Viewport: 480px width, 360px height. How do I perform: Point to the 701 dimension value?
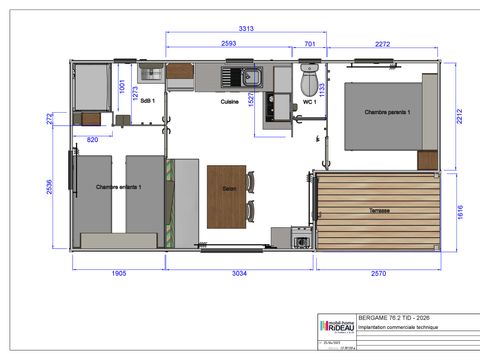click(x=309, y=44)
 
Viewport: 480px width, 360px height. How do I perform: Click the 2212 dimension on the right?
click(x=463, y=117)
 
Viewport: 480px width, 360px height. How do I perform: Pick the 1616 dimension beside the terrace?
click(x=463, y=213)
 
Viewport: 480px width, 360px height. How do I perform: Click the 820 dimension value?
click(x=93, y=138)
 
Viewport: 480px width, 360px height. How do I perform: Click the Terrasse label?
click(x=378, y=211)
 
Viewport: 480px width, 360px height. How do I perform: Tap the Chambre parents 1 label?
click(x=388, y=112)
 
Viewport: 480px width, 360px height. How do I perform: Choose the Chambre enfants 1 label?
click(x=119, y=187)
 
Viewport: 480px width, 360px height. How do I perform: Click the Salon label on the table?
click(x=229, y=188)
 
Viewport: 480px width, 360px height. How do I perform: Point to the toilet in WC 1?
click(x=309, y=76)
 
